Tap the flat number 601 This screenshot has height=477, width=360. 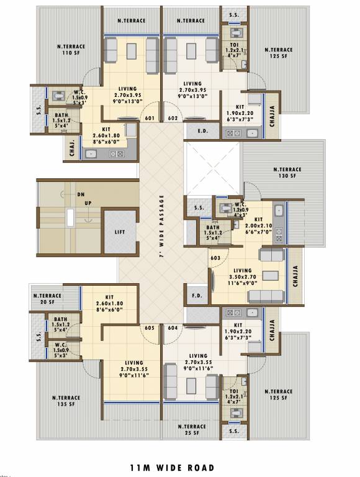(150, 118)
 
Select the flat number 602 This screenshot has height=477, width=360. (173, 118)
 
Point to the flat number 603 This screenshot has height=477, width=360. (215, 257)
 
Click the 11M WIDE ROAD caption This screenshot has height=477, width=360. (172, 468)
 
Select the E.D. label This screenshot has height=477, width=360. (202, 132)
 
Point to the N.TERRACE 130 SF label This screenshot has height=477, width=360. (287, 173)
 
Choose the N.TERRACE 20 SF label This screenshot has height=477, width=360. (47, 299)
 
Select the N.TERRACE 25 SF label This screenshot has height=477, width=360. (191, 430)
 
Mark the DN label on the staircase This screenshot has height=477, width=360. (81, 194)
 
